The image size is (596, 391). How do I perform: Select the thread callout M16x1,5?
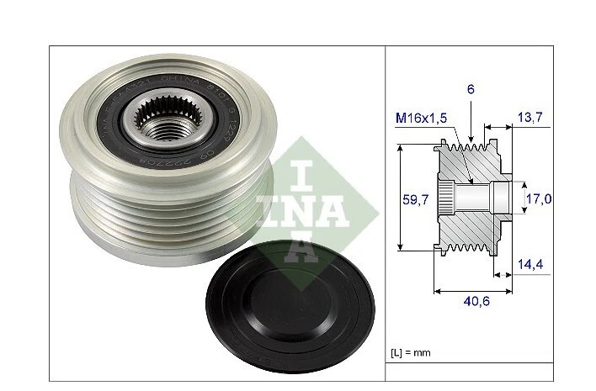423,119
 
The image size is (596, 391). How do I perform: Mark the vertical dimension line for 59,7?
399,198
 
